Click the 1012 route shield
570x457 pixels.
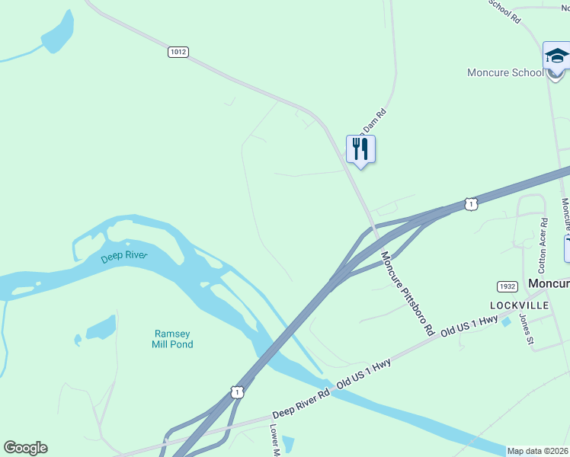pos(178,52)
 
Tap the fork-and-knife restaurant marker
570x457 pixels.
pos(360,149)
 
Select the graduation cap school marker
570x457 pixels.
pos(556,57)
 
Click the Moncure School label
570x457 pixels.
pos(505,73)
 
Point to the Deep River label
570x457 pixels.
pos(123,257)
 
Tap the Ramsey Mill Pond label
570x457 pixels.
pos(174,339)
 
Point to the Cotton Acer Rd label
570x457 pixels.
pos(543,246)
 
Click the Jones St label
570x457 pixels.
pos(526,329)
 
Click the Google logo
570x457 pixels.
pos(25,448)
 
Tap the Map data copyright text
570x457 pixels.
pos(538,451)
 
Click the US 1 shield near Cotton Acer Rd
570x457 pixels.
pos(471,204)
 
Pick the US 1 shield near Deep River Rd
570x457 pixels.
pos(238,391)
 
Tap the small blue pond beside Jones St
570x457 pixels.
pos(506,321)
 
